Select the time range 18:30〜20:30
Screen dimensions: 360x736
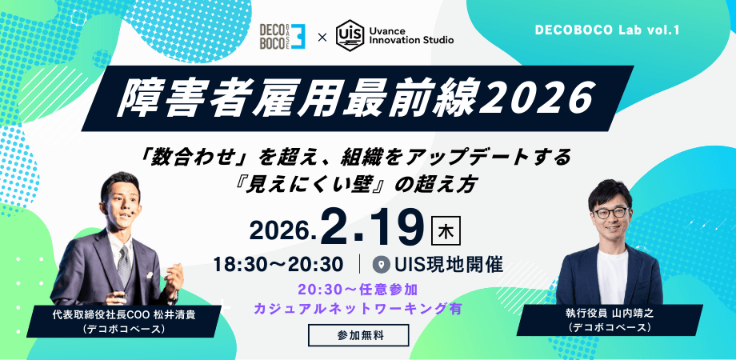279,263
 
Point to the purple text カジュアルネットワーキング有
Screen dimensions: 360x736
358,307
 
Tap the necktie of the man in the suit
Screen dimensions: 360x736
123,261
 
